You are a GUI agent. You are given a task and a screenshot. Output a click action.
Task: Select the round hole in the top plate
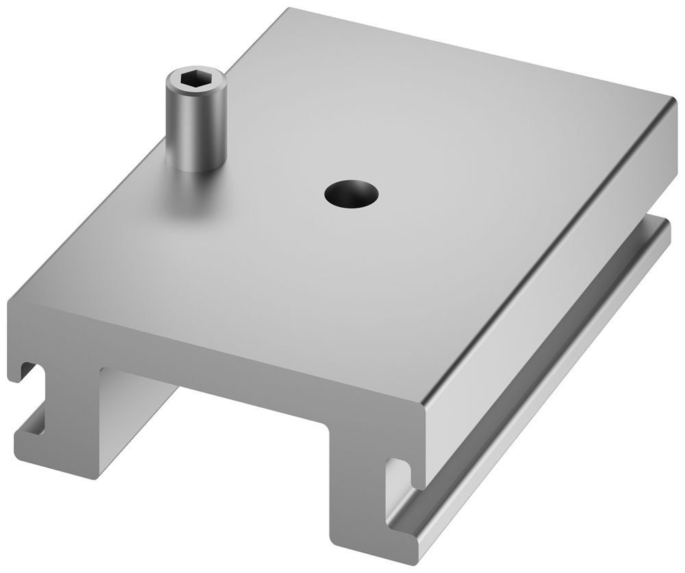coord(351,193)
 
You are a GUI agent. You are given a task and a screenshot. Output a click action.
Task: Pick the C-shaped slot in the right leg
coord(400,474)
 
